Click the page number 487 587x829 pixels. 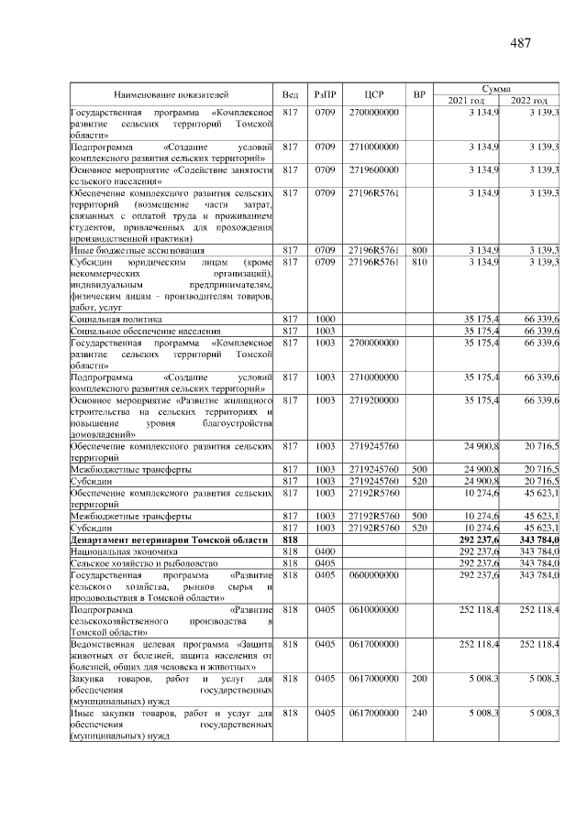point(520,43)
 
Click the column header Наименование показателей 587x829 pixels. point(172,94)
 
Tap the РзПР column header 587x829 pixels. point(325,94)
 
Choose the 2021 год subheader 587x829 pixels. point(466,100)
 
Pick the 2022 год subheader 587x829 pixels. point(529,100)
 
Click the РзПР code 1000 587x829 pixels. point(325,318)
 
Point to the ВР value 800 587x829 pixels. point(419,249)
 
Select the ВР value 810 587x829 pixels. point(419,261)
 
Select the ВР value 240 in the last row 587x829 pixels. point(419,712)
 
